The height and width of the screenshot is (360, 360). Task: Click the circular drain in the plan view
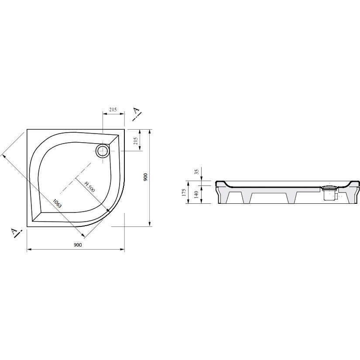click(x=103, y=151)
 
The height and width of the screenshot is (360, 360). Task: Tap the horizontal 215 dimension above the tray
click(x=113, y=110)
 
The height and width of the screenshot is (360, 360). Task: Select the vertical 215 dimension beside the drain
click(x=135, y=141)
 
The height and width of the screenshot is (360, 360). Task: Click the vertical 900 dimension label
click(x=145, y=177)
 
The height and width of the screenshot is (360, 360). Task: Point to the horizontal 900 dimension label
click(x=78, y=245)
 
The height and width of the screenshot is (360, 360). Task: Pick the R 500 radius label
click(x=89, y=187)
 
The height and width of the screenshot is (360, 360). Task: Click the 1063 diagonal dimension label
click(x=57, y=203)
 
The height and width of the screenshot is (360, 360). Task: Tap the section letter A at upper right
click(x=137, y=111)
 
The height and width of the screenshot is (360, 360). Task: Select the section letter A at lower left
click(x=14, y=232)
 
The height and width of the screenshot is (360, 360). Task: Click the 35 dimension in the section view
click(x=197, y=172)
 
